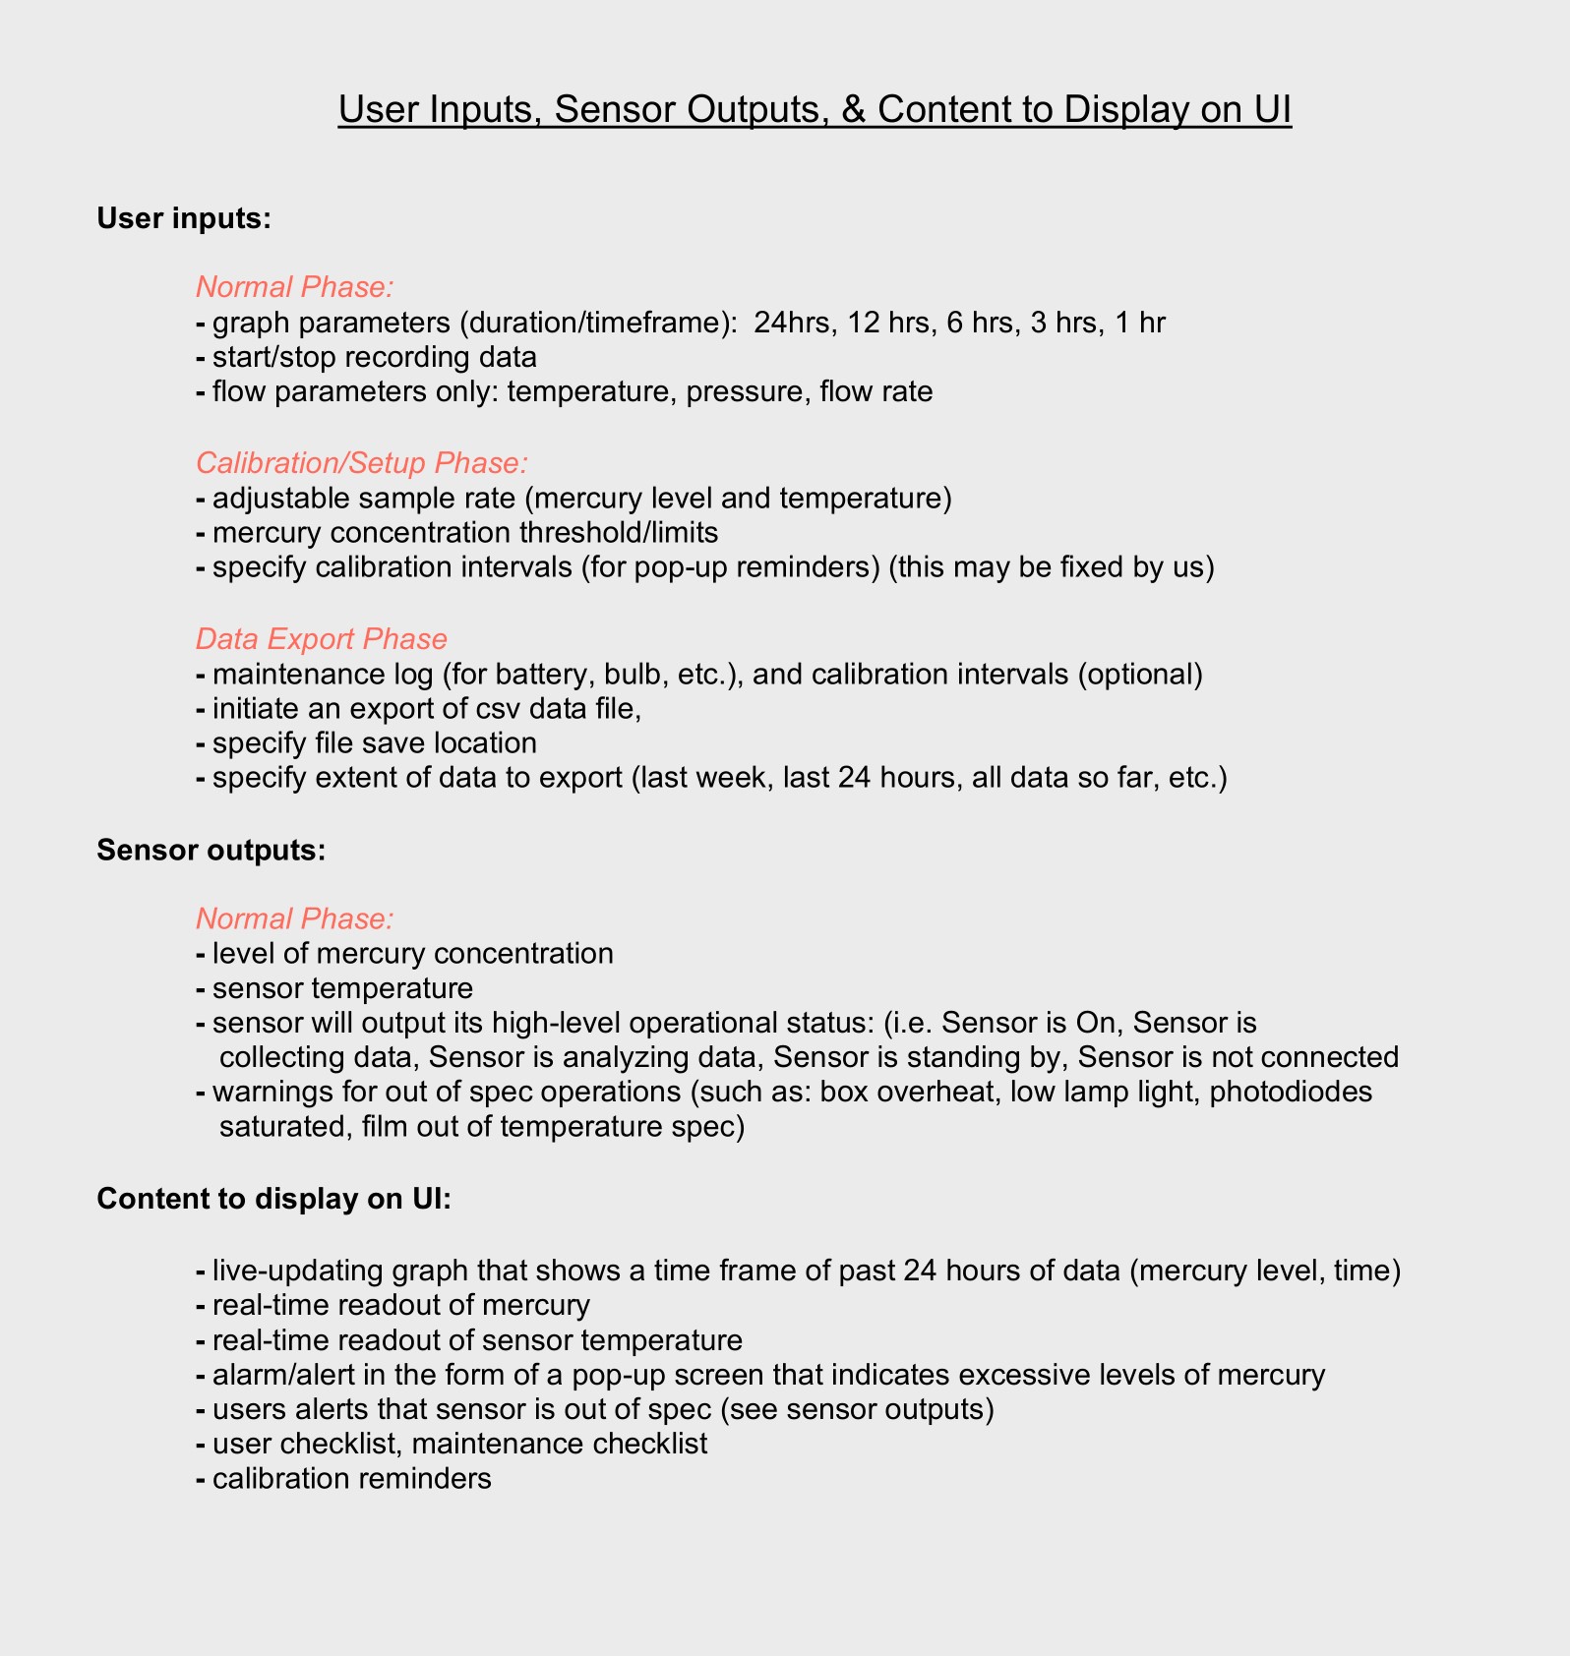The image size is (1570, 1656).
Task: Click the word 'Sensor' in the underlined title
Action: pyautogui.click(x=613, y=109)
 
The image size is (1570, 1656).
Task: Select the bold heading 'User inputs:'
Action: pyautogui.click(x=183, y=218)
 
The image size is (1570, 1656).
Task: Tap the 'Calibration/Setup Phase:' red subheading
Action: pyautogui.click(x=362, y=463)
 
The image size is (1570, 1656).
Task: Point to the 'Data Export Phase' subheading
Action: pyautogui.click(x=321, y=639)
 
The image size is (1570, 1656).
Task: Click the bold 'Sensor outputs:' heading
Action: pyautogui.click(x=211, y=850)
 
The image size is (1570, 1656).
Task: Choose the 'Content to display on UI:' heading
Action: pyautogui.click(x=273, y=1199)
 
